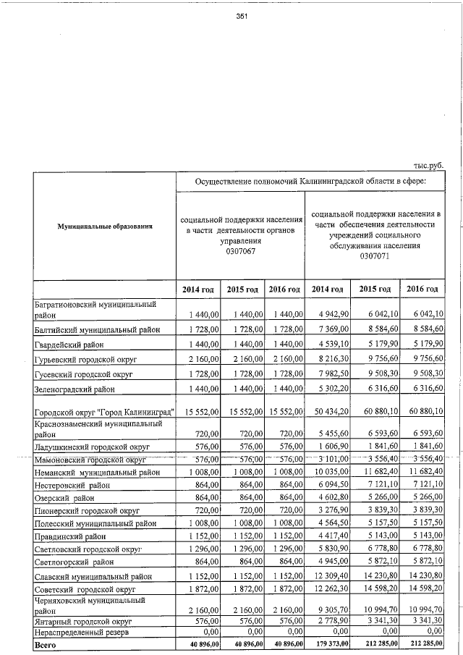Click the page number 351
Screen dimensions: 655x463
point(242,18)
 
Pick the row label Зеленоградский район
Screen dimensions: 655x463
point(75,389)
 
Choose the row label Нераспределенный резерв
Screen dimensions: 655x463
point(82,632)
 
